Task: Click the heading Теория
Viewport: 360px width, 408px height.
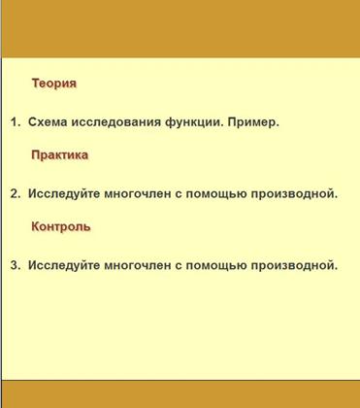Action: point(54,84)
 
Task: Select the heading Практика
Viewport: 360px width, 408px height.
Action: point(60,154)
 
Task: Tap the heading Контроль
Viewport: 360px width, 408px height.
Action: point(61,226)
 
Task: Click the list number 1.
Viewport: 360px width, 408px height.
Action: point(16,122)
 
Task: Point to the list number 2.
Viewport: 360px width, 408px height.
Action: point(16,193)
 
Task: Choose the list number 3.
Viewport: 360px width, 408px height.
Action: point(16,265)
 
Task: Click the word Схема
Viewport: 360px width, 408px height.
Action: point(48,122)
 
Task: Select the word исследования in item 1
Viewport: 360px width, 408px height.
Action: point(115,122)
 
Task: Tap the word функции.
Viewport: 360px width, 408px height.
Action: point(194,122)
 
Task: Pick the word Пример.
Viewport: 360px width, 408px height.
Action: point(253,122)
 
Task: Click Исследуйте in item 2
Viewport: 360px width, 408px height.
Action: point(64,194)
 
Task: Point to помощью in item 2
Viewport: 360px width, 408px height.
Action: point(216,194)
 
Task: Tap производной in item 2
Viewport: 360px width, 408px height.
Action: point(294,193)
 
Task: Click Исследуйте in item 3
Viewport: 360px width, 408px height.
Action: point(64,265)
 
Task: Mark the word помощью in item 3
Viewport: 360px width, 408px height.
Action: point(216,265)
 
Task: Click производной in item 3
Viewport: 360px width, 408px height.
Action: point(294,265)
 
